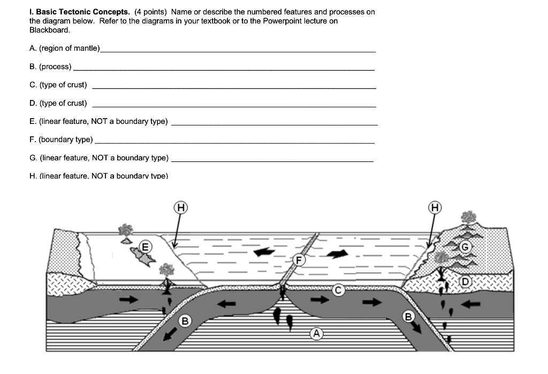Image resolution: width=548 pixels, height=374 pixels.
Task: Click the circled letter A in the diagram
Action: (x=316, y=333)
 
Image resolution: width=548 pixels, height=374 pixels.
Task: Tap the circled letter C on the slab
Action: (x=338, y=290)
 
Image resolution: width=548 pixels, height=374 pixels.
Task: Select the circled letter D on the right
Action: (x=465, y=282)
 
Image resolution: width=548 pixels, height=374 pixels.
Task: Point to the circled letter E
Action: (x=144, y=246)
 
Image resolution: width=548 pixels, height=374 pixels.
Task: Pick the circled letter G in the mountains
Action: (x=465, y=247)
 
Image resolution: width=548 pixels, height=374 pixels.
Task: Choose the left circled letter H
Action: (x=181, y=208)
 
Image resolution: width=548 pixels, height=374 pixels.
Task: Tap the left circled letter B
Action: (x=185, y=321)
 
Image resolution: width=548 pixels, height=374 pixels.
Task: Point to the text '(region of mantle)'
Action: (x=70, y=48)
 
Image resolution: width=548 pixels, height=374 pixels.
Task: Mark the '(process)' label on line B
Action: (x=55, y=66)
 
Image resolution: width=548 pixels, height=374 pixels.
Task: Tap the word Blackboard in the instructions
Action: (x=49, y=30)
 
